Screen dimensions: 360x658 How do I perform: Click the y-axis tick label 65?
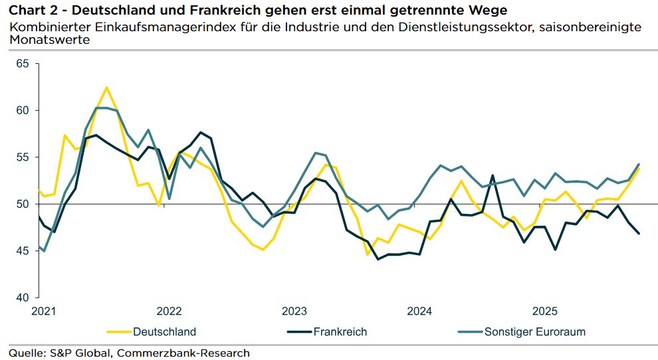23,64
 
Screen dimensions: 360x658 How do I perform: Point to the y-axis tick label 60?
23,110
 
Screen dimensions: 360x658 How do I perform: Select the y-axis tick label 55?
23,157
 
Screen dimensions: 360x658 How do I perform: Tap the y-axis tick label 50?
23,204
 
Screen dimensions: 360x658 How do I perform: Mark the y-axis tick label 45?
23,251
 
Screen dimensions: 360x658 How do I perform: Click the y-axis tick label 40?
23,298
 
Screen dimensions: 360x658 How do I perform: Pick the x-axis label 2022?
169,312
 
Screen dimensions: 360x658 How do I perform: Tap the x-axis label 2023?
294,312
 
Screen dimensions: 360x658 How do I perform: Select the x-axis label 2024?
419,312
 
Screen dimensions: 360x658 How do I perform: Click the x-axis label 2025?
545,312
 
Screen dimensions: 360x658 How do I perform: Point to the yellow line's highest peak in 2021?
106,87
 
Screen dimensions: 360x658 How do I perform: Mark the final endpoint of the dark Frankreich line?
639,233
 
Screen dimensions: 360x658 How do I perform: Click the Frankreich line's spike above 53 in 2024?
493,175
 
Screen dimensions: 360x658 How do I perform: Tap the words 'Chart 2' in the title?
29,10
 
